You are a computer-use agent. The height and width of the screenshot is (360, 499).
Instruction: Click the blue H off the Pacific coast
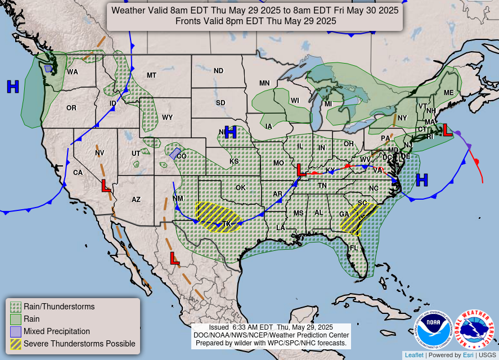[13, 87]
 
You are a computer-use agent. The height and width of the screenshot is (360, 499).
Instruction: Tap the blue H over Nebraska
[230, 133]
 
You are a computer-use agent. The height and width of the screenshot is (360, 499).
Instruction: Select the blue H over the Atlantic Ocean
[422, 180]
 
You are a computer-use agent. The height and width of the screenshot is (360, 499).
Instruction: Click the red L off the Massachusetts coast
[447, 130]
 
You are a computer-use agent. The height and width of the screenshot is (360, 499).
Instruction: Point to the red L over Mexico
[175, 259]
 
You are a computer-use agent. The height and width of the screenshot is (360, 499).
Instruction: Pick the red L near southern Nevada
[106, 186]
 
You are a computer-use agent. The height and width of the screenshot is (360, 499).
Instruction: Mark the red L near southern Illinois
[302, 169]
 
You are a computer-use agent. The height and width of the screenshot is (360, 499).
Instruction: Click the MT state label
[151, 75]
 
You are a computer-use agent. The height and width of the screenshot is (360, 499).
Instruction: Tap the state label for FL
[354, 248]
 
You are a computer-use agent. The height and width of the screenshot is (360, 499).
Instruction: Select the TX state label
[227, 224]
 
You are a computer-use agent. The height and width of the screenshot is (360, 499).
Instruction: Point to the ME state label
[448, 93]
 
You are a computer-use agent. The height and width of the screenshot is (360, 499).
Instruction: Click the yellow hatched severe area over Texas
[217, 217]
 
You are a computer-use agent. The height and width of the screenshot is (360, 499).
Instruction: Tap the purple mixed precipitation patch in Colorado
[175, 153]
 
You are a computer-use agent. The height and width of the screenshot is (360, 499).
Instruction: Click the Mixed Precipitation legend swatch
[16, 331]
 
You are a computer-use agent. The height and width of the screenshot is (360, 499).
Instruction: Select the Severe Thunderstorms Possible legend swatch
[16, 344]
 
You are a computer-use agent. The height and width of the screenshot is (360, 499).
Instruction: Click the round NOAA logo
[434, 329]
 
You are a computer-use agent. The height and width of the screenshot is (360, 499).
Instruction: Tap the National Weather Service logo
[474, 329]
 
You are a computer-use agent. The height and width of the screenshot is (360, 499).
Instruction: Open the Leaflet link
[413, 355]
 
